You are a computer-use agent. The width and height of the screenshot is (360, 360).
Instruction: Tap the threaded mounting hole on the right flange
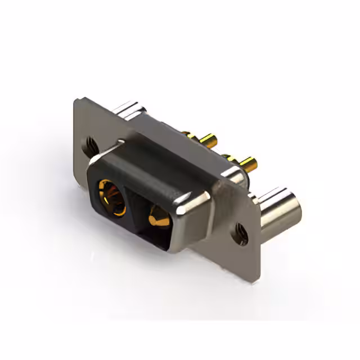(x=241, y=232)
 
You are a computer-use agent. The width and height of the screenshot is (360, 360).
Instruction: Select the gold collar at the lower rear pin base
(x=229, y=158)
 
